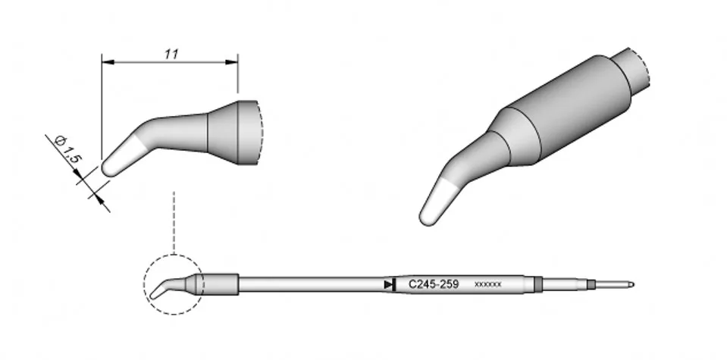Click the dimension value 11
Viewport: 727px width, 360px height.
click(x=171, y=55)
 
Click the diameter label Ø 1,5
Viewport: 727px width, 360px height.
click(x=68, y=149)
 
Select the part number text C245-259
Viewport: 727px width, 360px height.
click(x=434, y=284)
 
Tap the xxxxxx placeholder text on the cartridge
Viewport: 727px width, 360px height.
click(x=487, y=284)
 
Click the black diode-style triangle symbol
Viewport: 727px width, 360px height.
click(x=390, y=284)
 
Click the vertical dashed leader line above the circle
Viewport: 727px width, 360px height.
click(x=174, y=222)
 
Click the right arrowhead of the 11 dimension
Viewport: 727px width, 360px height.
click(x=232, y=61)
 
